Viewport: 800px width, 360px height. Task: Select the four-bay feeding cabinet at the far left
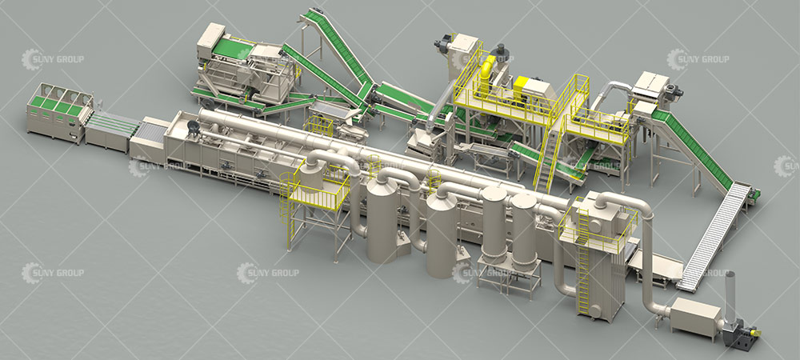point(59,113)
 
